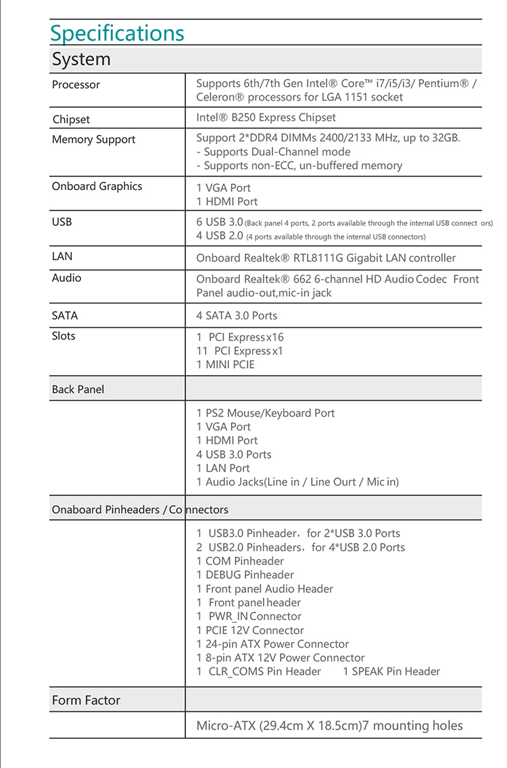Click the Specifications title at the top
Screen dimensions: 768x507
pyautogui.click(x=117, y=33)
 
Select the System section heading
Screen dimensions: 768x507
pyautogui.click(x=81, y=59)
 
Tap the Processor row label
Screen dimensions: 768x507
pyautogui.click(x=76, y=85)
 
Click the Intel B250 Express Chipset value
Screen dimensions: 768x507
pyautogui.click(x=266, y=118)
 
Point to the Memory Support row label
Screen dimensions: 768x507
pyautogui.click(x=93, y=140)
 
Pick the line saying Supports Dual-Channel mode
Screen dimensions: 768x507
pyautogui.click(x=273, y=152)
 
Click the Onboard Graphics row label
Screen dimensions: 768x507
pyautogui.click(x=97, y=187)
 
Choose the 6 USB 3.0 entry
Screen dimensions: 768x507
pyautogui.click(x=219, y=222)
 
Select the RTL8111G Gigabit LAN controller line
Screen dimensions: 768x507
pyautogui.click(x=326, y=258)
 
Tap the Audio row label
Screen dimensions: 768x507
pyautogui.click(x=66, y=278)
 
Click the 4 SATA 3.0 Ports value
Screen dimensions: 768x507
pyautogui.click(x=237, y=316)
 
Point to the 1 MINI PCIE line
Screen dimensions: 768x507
pyautogui.click(x=226, y=364)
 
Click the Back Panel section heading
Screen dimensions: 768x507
pyautogui.click(x=78, y=389)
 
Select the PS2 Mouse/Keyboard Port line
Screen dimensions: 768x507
pyautogui.click(x=266, y=413)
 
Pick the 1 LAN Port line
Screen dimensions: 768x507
pyautogui.click(x=223, y=468)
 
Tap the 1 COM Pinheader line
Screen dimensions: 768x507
pyautogui.click(x=240, y=561)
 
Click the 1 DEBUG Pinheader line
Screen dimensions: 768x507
pyautogui.click(x=245, y=575)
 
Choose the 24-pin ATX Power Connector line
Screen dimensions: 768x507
pyautogui.click(x=272, y=644)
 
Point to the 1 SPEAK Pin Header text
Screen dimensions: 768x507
pyautogui.click(x=391, y=671)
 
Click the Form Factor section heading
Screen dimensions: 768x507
pyautogui.click(x=86, y=700)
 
